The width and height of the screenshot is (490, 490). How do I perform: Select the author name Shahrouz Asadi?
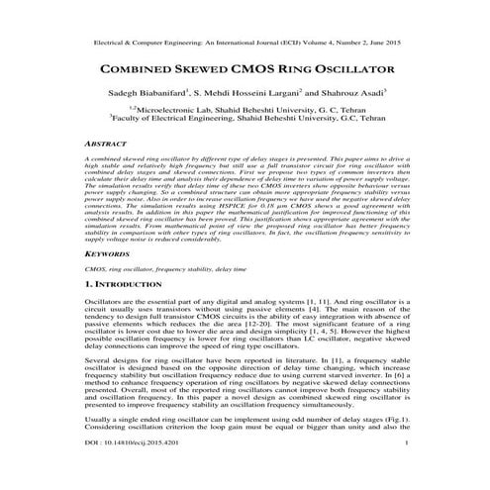pyautogui.click(x=365, y=97)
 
